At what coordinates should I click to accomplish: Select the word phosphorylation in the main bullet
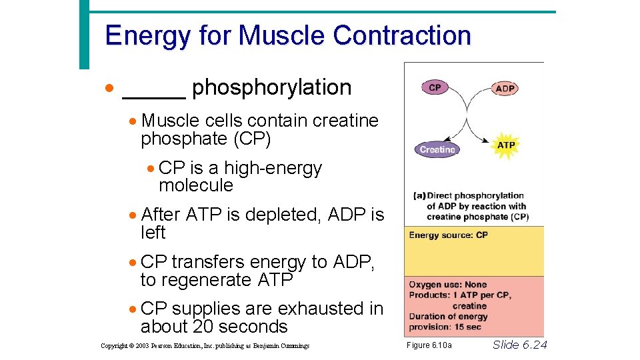tap(271, 87)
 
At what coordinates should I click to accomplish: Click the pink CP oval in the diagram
tap(435, 87)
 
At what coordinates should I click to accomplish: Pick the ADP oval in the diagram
tap(505, 89)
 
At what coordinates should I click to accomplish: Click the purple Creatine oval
tap(437, 150)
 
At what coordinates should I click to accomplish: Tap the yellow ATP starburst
tap(506, 145)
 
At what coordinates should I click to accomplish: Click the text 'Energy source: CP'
tap(448, 235)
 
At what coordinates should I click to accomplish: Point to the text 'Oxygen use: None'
tap(448, 285)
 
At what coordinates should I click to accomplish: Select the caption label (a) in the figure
tap(419, 196)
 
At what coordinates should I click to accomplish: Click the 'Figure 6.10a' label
tap(429, 345)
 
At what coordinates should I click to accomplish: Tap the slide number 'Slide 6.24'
tap(519, 345)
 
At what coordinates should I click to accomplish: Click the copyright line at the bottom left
tap(205, 346)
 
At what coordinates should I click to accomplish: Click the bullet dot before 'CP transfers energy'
tap(134, 263)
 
